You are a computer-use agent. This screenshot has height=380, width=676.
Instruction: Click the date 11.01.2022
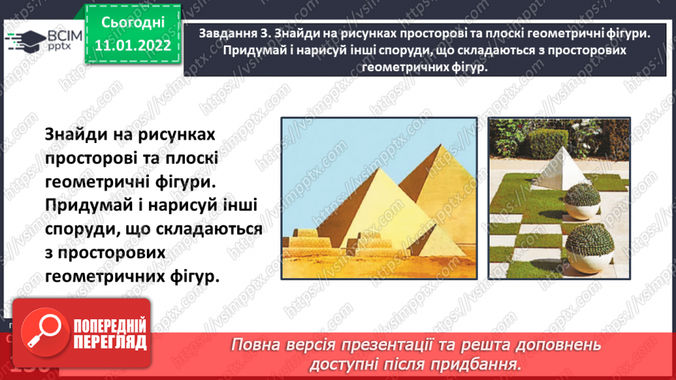[133, 45]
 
